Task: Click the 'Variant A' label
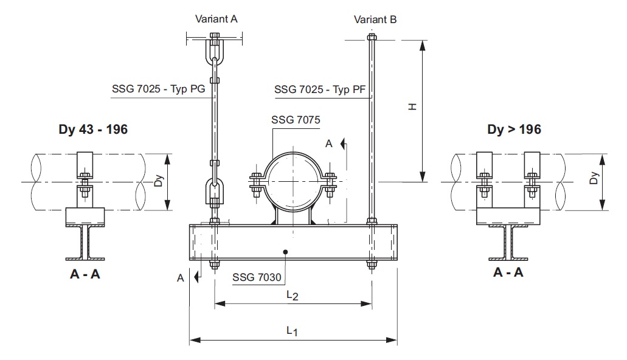216,19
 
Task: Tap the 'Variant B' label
375,19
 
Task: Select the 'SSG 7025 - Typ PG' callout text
158,89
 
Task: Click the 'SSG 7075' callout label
296,119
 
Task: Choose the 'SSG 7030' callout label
257,278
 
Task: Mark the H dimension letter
412,106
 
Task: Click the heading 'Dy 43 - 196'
93,129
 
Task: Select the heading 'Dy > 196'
514,129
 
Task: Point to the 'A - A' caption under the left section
85,274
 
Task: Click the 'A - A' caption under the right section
508,272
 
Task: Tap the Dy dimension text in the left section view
158,182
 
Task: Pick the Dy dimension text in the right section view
594,179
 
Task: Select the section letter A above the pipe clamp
329,144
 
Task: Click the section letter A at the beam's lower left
180,278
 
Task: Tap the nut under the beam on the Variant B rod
371,265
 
